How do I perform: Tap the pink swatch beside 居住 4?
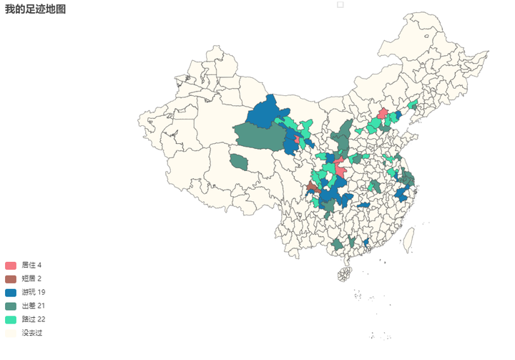click(11, 266)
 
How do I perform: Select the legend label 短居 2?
click(31, 278)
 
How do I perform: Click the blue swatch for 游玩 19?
click(11, 292)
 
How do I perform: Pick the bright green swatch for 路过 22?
click(11, 319)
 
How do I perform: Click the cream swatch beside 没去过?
click(11, 333)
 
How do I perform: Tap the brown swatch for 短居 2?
click(11, 278)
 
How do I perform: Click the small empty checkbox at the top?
click(340, 4)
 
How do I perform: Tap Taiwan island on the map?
click(408, 240)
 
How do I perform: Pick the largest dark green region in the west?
click(257, 136)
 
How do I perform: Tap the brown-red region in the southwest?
click(312, 188)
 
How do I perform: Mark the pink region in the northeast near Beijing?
click(383, 113)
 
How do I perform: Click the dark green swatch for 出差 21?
click(11, 306)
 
